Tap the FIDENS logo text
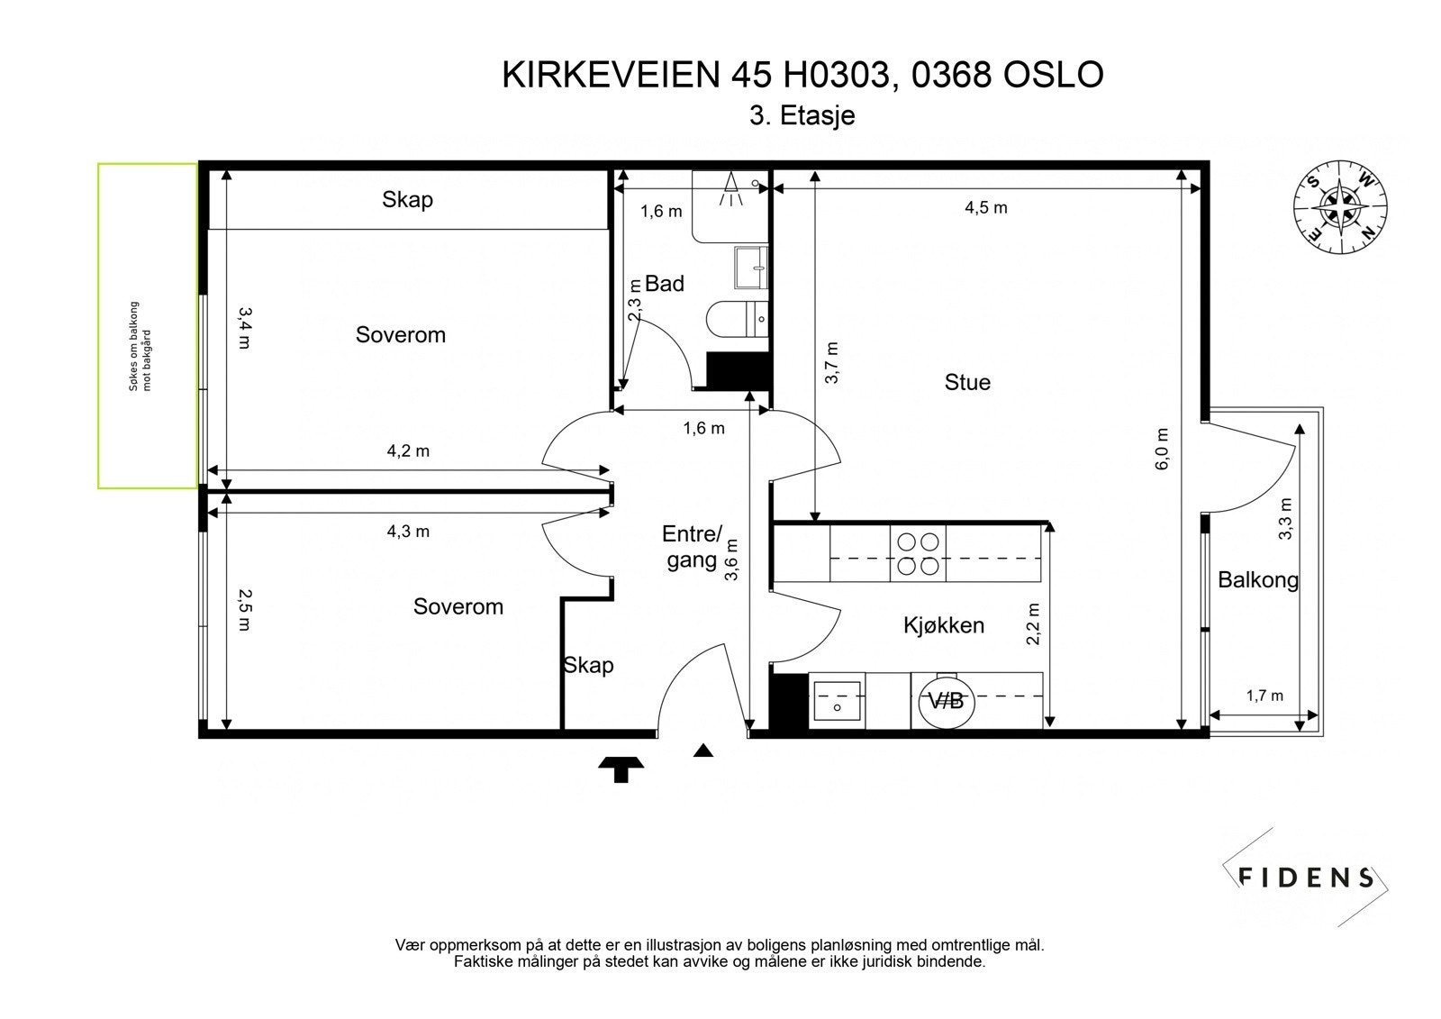(1306, 877)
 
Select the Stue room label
(967, 382)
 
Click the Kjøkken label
(943, 625)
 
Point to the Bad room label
(665, 284)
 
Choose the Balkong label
(1257, 579)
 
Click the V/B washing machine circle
(946, 700)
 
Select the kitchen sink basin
(838, 700)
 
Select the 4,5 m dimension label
(985, 208)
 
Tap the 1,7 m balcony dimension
(1264, 696)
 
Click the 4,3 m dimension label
(408, 532)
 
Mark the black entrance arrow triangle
(703, 751)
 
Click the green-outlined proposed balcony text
(140, 346)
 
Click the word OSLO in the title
(1053, 75)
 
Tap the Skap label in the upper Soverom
(407, 199)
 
